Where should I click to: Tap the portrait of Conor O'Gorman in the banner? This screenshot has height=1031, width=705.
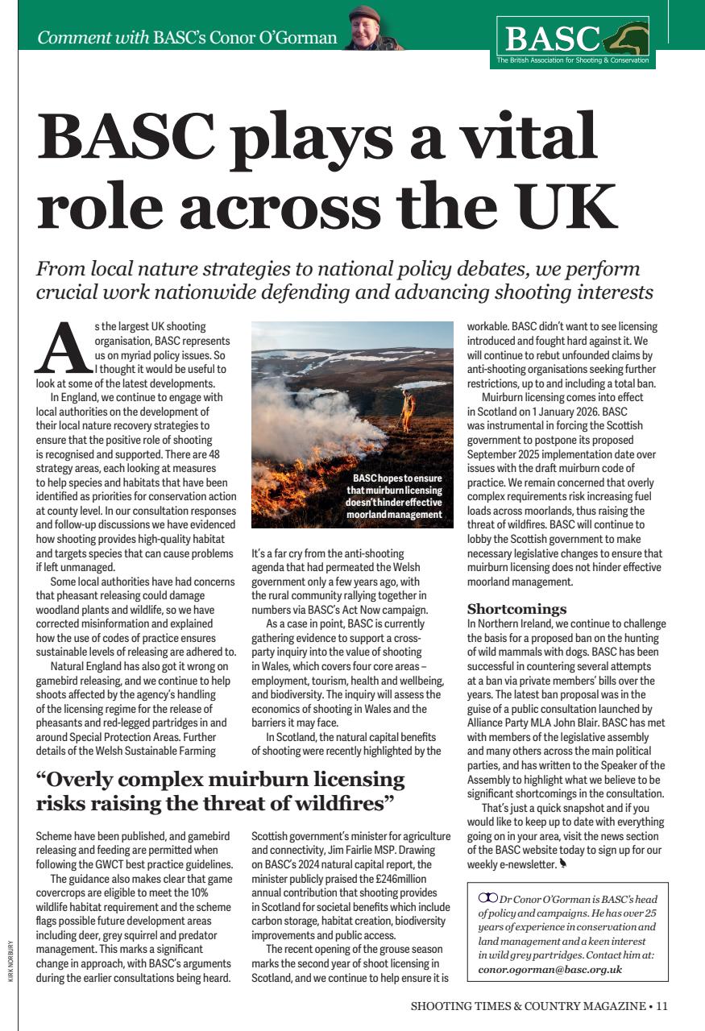365,29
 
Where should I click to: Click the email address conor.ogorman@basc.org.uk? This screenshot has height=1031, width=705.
549,969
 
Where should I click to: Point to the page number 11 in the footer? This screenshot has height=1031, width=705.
662,1005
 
